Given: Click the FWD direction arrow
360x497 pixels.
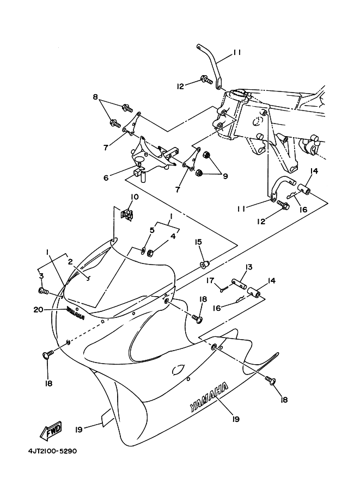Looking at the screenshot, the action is [x=51, y=431].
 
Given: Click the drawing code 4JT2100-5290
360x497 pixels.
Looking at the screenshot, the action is [x=52, y=451].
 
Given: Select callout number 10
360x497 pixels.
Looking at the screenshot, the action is [x=135, y=197].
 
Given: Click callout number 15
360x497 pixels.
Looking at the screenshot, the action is [x=198, y=242].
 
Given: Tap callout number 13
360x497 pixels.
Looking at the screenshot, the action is [x=248, y=267].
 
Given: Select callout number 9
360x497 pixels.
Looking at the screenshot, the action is [x=225, y=176].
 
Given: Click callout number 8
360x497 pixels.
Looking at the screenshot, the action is [x=95, y=97].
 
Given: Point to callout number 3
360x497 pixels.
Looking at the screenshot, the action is [x=41, y=276].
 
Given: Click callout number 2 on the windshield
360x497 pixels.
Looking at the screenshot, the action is [x=70, y=262].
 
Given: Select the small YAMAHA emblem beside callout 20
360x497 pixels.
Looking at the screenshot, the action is [x=75, y=313].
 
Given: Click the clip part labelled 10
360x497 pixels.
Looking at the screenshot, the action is [x=127, y=215].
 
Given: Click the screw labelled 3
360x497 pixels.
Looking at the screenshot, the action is [x=43, y=290].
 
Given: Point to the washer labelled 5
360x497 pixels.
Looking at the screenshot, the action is [x=142, y=251].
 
